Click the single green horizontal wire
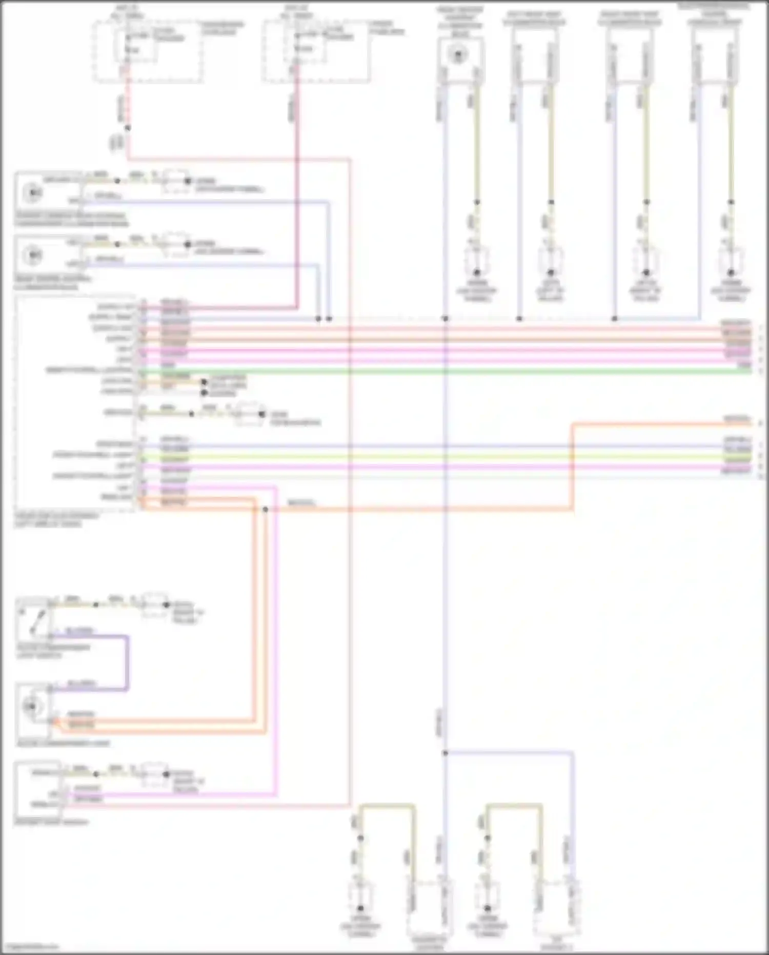point(441,371)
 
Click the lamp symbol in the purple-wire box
point(30,707)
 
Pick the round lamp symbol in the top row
point(458,55)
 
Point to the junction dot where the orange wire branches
point(265,510)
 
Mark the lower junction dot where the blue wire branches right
point(445,753)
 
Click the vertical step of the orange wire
point(573,467)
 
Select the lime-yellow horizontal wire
point(441,457)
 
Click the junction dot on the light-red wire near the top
point(127,128)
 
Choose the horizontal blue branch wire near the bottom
point(508,753)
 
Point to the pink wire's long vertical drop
point(276,641)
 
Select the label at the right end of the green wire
point(743,365)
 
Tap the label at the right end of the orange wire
point(736,419)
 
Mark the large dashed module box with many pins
point(76,403)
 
